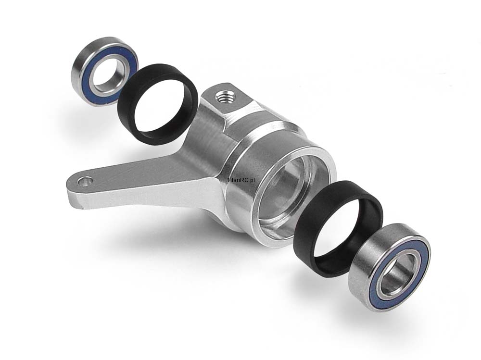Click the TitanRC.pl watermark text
[241, 180]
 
